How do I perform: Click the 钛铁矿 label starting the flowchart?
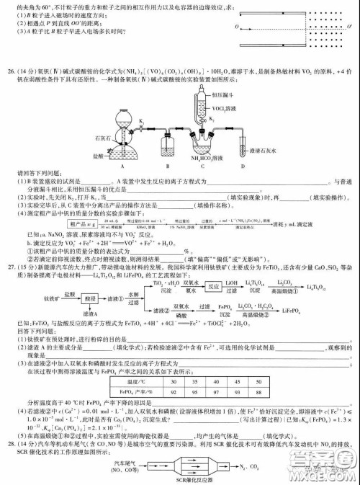pyautogui.click(x=34, y=297)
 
